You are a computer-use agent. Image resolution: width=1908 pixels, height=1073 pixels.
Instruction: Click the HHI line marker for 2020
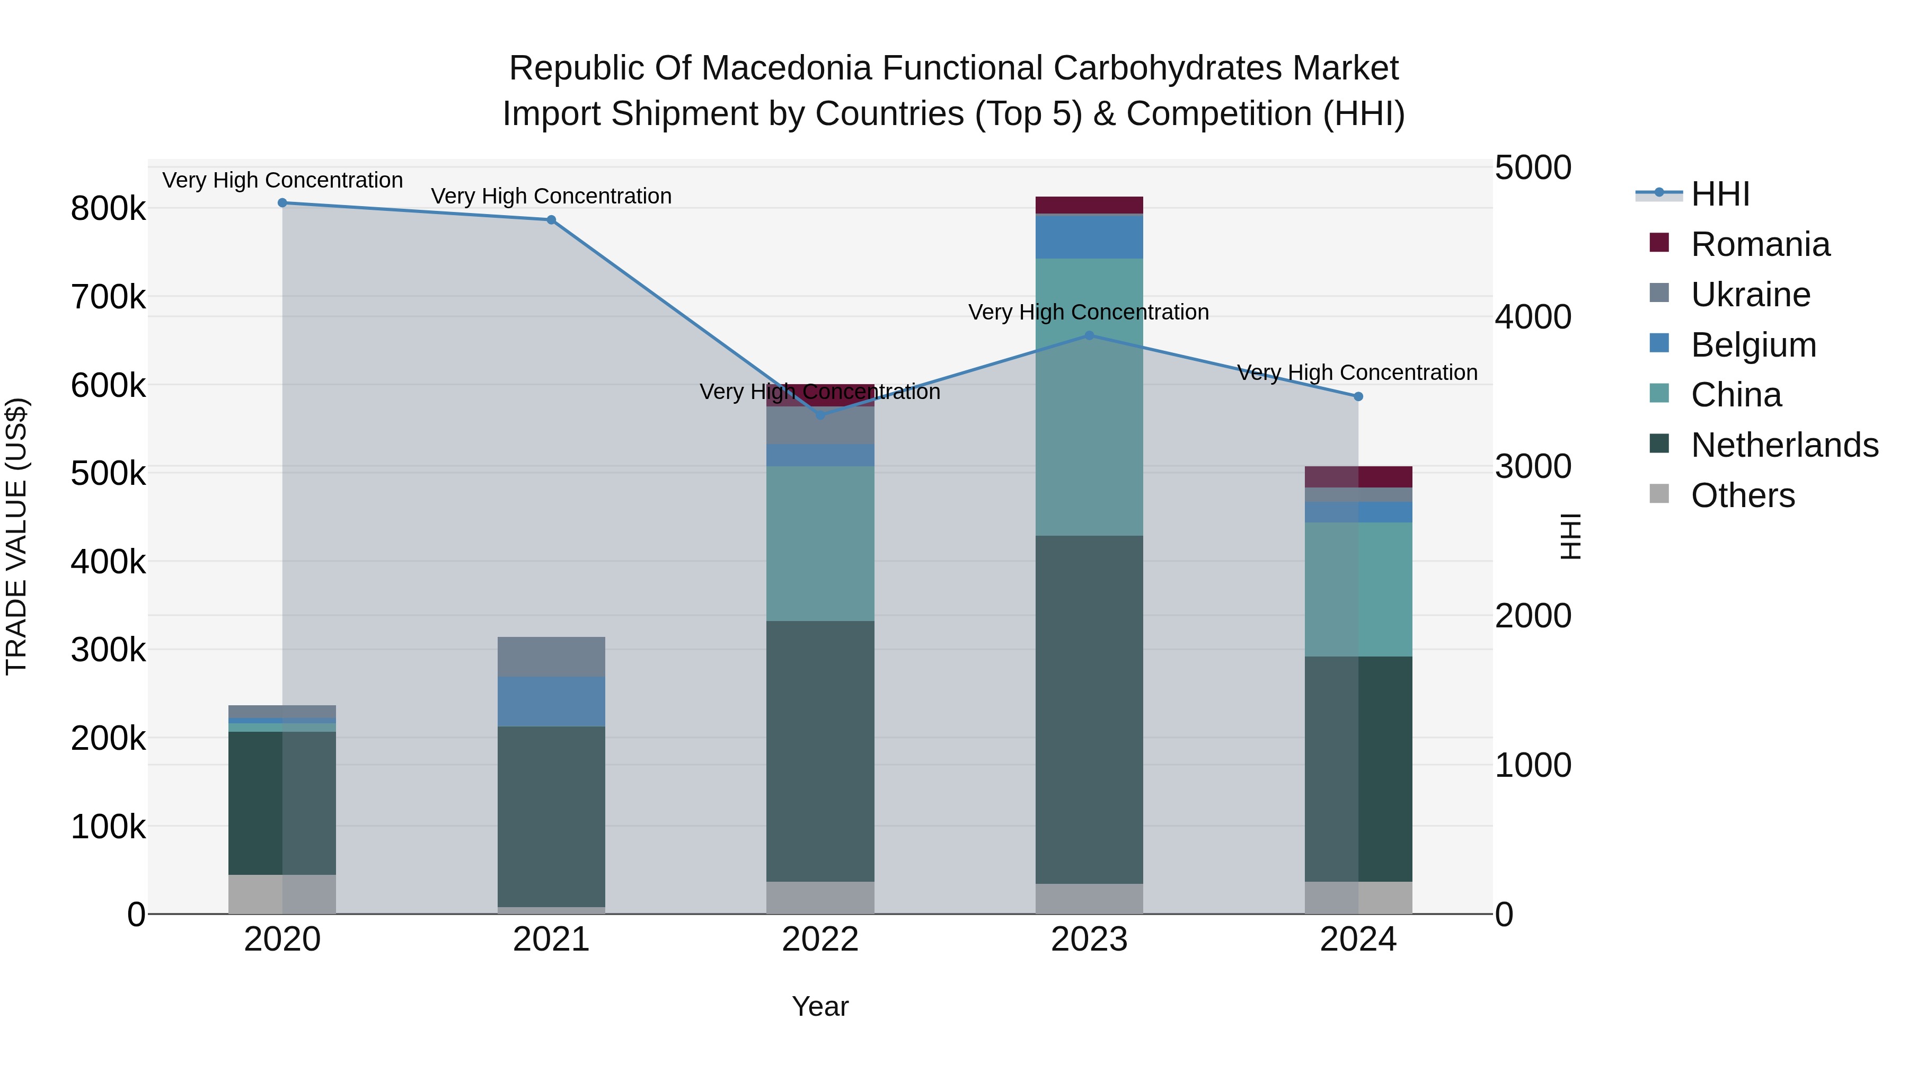pos(282,203)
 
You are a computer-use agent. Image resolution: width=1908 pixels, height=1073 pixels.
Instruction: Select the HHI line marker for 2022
pos(820,415)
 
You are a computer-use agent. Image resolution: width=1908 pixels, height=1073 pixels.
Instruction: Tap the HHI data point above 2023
pos(1089,335)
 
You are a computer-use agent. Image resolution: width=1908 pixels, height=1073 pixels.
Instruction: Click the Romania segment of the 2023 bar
pos(1089,205)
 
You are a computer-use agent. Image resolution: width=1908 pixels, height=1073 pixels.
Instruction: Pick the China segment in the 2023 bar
pos(1089,396)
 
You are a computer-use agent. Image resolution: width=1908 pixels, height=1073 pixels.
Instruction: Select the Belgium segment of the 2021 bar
pos(551,701)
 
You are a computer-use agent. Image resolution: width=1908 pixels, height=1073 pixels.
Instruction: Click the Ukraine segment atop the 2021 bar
pos(551,657)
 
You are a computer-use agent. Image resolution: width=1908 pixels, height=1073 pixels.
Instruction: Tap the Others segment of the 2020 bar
pos(282,894)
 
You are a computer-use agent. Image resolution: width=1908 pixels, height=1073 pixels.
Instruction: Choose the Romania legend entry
pos(1760,244)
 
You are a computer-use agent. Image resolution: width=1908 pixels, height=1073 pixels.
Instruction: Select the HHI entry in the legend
pos(1720,194)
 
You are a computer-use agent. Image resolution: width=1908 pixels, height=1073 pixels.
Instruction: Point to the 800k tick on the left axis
pos(108,209)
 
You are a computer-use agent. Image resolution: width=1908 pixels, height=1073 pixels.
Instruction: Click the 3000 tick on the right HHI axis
pos(1532,466)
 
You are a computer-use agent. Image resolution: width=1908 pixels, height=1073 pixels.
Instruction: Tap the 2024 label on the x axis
pos(1358,939)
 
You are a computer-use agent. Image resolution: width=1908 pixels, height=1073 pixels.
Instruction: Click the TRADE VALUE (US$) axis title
pos(16,536)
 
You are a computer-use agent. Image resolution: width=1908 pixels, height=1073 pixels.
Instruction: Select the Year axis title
pos(820,1006)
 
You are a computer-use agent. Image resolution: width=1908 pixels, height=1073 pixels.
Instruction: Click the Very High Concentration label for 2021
pos(551,196)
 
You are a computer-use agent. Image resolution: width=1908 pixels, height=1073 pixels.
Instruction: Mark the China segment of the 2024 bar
pos(1358,589)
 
